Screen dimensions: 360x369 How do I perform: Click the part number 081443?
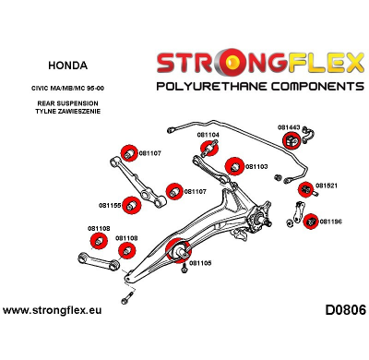click(x=290, y=127)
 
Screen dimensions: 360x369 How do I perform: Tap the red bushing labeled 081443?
click(x=289, y=140)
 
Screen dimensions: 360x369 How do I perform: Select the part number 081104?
click(x=208, y=135)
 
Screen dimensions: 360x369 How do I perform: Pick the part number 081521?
click(x=327, y=186)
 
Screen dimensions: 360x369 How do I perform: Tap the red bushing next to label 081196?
click(x=311, y=221)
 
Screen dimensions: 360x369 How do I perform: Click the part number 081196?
click(x=330, y=222)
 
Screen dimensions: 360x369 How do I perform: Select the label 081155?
click(x=110, y=205)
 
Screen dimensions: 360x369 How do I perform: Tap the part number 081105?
click(x=200, y=262)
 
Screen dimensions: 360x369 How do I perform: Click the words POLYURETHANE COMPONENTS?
click(x=260, y=85)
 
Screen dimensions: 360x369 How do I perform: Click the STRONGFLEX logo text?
click(x=260, y=63)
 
